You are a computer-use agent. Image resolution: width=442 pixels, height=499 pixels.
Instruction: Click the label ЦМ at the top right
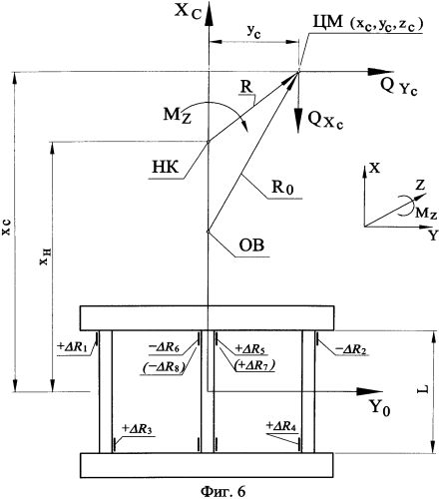327,24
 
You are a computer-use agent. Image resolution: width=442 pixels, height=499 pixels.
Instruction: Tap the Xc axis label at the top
189,12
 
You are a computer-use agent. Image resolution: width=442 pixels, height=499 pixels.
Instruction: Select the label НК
166,168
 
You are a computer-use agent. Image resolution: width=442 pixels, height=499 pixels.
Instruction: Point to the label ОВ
251,246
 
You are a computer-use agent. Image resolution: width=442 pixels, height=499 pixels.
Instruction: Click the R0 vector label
282,187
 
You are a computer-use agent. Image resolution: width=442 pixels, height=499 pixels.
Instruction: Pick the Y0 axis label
379,407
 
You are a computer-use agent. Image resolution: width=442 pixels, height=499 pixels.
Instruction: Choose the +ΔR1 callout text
72,347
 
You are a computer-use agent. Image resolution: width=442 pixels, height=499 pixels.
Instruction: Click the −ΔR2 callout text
351,349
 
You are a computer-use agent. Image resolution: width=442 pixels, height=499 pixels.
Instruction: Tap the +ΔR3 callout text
137,429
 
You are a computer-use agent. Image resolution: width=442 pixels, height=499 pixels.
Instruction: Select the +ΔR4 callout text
281,426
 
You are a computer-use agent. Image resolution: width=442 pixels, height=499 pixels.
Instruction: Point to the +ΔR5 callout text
251,349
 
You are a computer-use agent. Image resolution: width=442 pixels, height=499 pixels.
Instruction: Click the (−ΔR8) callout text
164,367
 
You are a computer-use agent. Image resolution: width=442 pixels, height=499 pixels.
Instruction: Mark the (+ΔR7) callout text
254,365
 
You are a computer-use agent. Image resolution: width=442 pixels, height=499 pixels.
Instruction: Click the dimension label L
422,389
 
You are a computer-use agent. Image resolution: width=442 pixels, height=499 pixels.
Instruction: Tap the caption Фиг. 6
222,491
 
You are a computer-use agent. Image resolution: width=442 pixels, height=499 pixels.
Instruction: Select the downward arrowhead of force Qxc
298,123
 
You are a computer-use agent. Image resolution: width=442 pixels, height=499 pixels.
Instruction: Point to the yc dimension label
253,32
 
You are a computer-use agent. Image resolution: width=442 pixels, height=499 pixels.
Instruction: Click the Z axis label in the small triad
420,186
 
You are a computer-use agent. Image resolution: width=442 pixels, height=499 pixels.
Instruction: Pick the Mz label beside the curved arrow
177,117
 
